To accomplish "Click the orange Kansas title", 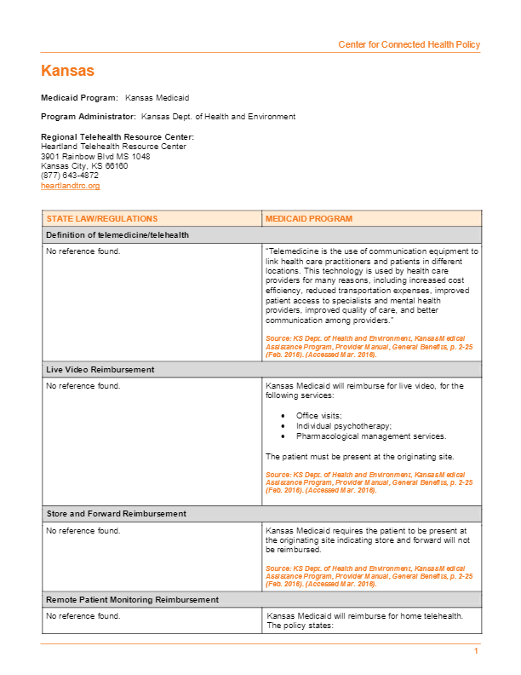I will tap(67, 71).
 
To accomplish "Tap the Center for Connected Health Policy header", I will tap(409, 44).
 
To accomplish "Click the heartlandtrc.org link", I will tap(71, 185).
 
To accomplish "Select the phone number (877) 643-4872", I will tap(70, 176).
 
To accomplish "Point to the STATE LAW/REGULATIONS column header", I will tap(102, 219).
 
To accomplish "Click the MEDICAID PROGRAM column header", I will tap(309, 219).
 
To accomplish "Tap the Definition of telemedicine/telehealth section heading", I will tap(117, 234).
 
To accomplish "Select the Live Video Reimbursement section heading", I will tap(100, 370).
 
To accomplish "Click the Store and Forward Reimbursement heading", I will tap(116, 514).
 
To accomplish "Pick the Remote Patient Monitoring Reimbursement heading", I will tap(132, 600).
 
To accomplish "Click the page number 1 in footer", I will tap(477, 651).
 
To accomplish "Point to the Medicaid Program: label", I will tap(79, 99).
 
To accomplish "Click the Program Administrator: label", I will tap(89, 117).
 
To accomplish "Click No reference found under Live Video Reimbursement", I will tap(83, 386).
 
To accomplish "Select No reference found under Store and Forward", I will tap(83, 531).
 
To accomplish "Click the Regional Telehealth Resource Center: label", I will tap(117, 137).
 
